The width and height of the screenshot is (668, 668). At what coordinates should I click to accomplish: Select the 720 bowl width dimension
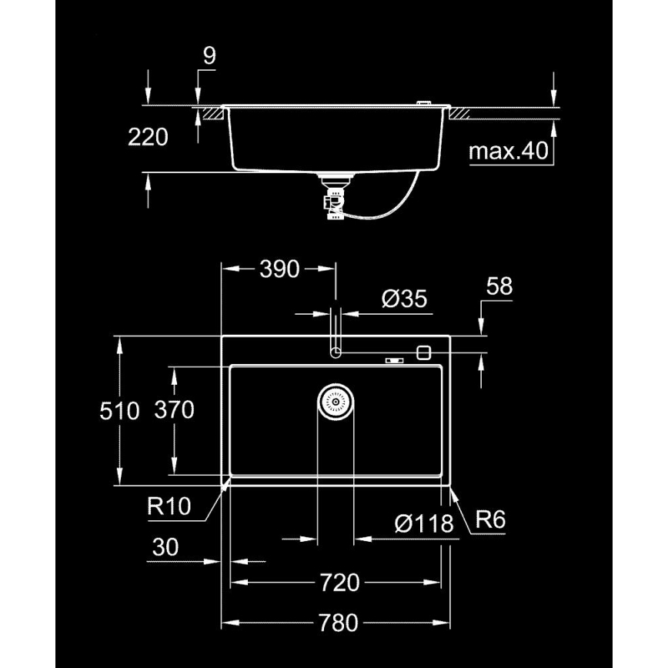[337, 583]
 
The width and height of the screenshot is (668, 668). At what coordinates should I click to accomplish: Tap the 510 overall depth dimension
[119, 411]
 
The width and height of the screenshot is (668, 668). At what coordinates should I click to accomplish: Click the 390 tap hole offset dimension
[278, 269]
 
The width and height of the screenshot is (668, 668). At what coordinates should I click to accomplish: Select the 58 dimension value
[499, 286]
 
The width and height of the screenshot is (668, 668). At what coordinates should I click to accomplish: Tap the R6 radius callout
[489, 520]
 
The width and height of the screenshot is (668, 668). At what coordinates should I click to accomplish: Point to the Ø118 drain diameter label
[423, 524]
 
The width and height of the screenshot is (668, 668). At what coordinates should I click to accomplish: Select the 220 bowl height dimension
[148, 137]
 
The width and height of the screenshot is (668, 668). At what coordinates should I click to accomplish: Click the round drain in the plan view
[336, 402]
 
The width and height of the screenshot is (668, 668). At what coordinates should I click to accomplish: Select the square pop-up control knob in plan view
[423, 352]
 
